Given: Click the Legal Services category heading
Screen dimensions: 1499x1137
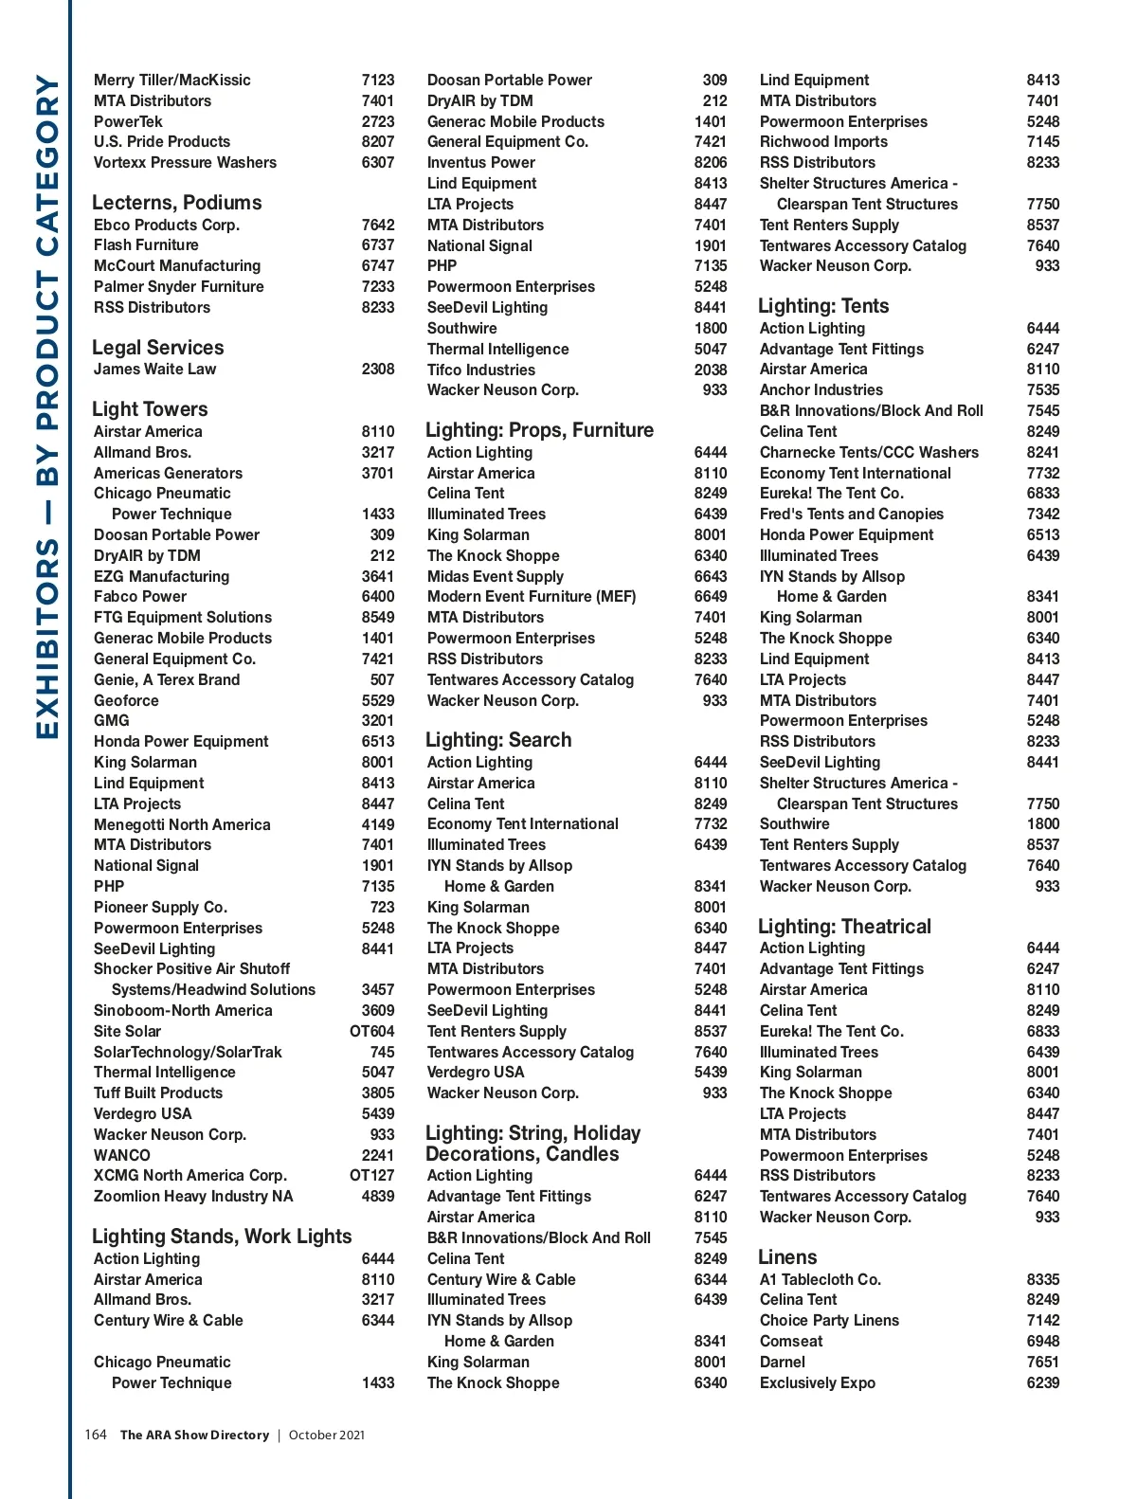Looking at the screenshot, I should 158,348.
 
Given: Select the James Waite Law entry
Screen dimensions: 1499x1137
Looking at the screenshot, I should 154,370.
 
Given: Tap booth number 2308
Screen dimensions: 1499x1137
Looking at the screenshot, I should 378,370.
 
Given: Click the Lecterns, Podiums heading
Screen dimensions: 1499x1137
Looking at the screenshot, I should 177,203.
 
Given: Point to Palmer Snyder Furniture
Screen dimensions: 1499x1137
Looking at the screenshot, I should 179,286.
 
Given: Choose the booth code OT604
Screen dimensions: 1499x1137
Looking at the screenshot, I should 372,1031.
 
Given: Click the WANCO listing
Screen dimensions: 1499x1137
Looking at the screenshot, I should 122,1155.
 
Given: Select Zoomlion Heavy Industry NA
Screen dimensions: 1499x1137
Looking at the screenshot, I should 193,1196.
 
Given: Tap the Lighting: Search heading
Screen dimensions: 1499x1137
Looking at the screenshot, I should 498,740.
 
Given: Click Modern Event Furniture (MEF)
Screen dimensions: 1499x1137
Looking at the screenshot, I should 532,596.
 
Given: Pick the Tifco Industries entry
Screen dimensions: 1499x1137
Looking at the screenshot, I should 481,370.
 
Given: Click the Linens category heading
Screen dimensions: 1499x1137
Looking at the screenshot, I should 787,1257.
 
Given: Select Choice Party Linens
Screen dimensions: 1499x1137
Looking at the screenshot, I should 829,1320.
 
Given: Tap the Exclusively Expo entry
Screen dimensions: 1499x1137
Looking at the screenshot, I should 818,1382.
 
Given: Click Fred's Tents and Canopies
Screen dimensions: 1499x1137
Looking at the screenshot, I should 852,514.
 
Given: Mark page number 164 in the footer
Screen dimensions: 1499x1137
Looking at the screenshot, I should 96,1435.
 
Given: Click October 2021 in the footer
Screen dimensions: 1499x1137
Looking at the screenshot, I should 327,1435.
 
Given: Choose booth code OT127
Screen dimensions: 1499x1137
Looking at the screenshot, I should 372,1175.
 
